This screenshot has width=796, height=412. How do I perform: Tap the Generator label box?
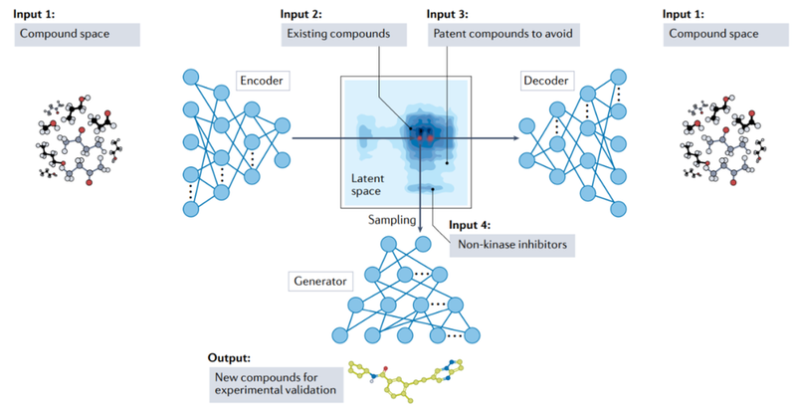(x=319, y=281)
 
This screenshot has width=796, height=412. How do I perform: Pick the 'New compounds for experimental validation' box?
(x=276, y=384)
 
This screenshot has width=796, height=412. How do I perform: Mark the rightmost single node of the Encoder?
(x=282, y=125)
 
